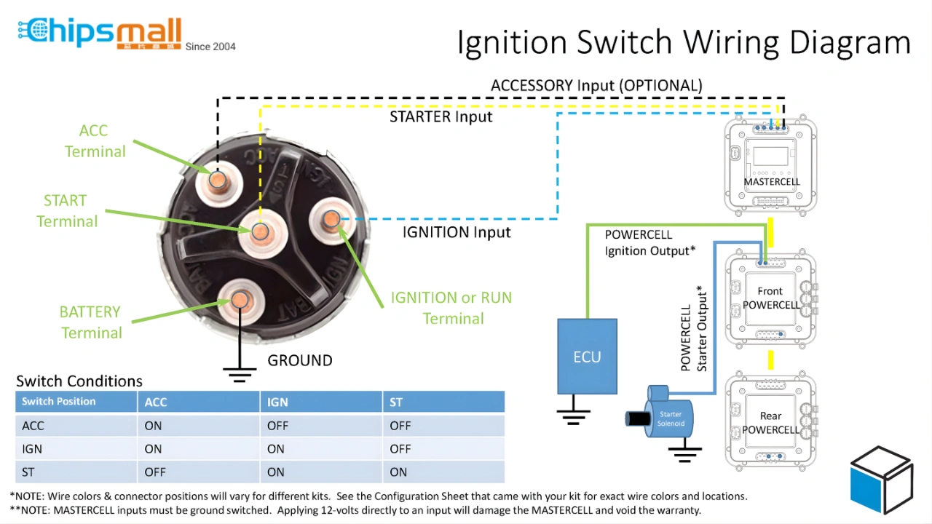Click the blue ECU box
pyautogui.click(x=587, y=356)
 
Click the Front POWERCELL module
pyautogui.click(x=771, y=298)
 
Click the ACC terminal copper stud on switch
pyautogui.click(x=217, y=180)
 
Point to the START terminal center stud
pyautogui.click(x=260, y=231)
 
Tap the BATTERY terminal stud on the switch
pyautogui.click(x=240, y=299)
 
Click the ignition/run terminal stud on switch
pyautogui.click(x=331, y=218)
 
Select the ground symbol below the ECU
pyautogui.click(x=573, y=416)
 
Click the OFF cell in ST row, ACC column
pyautogui.click(x=155, y=472)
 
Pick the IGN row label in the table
pyautogui.click(x=32, y=449)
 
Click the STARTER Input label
pyautogui.click(x=441, y=116)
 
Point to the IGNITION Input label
pyautogui.click(x=457, y=232)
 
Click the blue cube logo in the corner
pyautogui.click(x=881, y=480)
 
